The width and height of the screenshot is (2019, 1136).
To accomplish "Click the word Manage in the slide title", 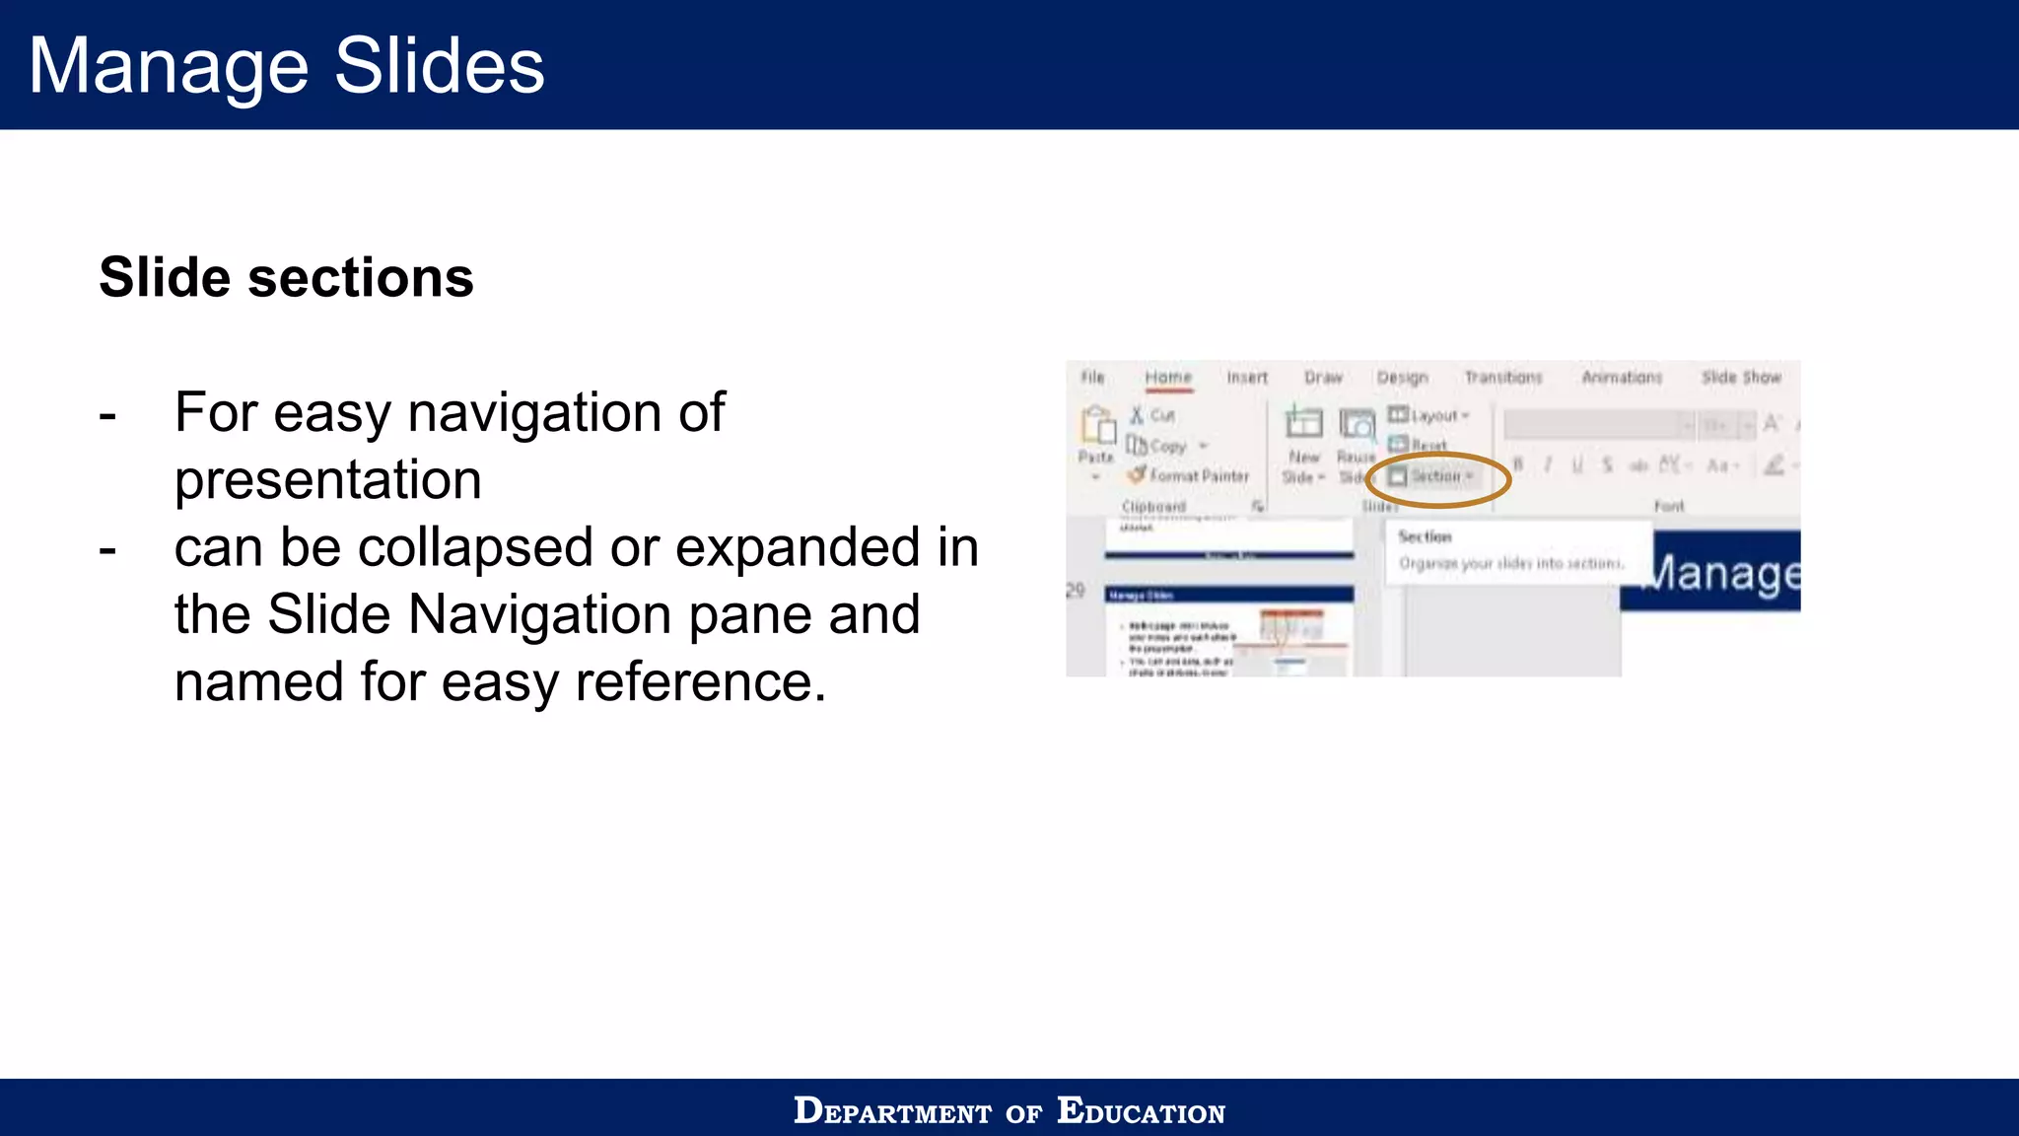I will pyautogui.click(x=168, y=66).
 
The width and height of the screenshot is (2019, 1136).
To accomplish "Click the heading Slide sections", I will pyautogui.click(x=286, y=277).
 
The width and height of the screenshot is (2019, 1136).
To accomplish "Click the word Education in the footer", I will pyautogui.click(x=1141, y=1111).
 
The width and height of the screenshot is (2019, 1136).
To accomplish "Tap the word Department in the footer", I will pyautogui.click(x=892, y=1111).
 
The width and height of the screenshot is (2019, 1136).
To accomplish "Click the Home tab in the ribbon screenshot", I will pyautogui.click(x=1168, y=378).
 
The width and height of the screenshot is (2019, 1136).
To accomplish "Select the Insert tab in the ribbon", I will pyautogui.click(x=1247, y=378).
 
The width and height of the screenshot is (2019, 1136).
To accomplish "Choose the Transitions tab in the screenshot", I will pyautogui.click(x=1502, y=378).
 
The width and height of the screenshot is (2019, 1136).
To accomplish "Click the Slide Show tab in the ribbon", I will pyautogui.click(x=1741, y=378).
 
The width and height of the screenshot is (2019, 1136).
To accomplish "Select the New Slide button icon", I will pyautogui.click(x=1303, y=425).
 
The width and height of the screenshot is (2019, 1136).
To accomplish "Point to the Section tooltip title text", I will pyautogui.click(x=1425, y=537).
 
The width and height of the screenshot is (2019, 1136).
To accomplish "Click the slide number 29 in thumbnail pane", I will pyautogui.click(x=1076, y=591).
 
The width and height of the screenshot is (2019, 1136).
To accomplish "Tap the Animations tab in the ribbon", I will pyautogui.click(x=1622, y=378).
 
